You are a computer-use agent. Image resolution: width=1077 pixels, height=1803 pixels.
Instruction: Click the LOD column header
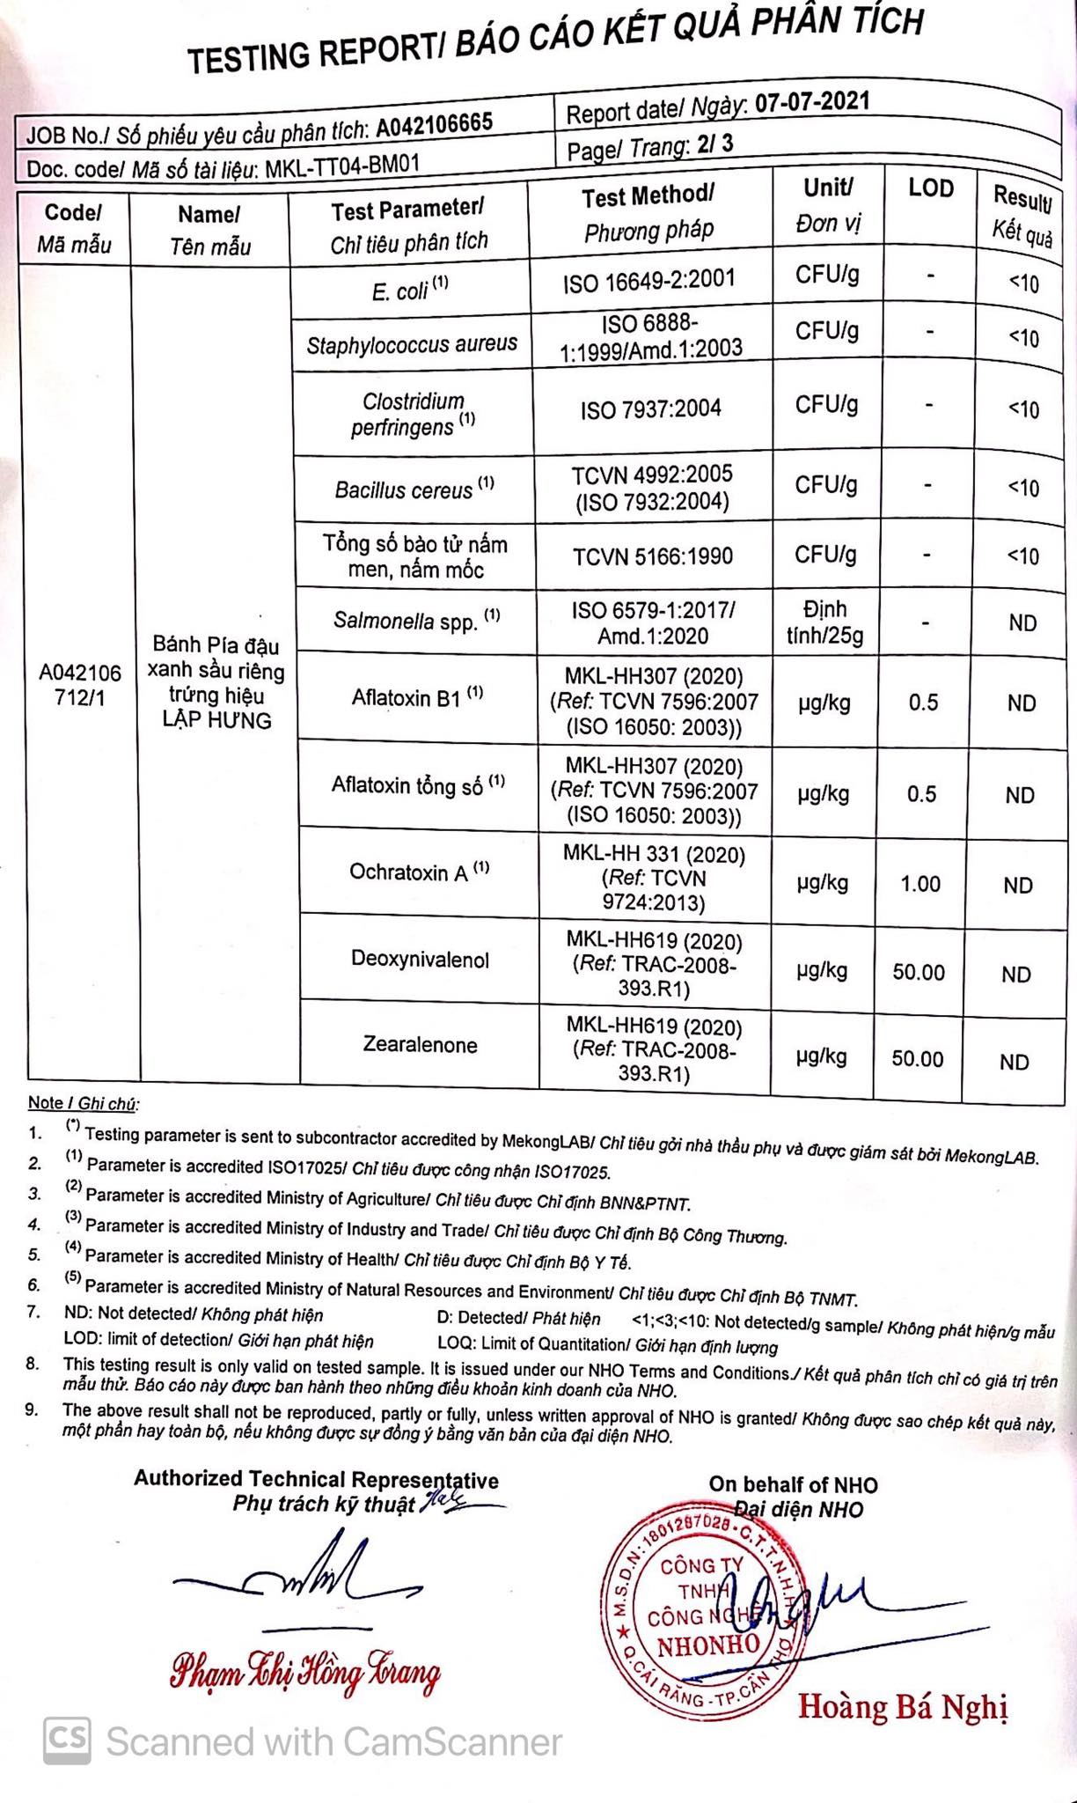tap(930, 188)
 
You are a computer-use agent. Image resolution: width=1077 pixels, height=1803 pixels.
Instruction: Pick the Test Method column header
tap(648, 212)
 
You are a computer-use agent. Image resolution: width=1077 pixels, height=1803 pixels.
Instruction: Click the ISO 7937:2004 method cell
tap(650, 408)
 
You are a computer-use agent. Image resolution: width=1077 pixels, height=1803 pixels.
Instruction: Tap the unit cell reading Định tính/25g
tap(824, 622)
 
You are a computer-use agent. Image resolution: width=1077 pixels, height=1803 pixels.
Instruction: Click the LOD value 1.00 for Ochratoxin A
tap(920, 883)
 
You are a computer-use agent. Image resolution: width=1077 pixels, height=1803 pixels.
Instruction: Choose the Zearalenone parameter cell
tap(420, 1045)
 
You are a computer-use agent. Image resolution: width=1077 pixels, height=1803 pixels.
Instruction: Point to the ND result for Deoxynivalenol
tap(1015, 974)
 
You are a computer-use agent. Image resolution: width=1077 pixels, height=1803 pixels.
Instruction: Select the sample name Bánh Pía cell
tap(216, 682)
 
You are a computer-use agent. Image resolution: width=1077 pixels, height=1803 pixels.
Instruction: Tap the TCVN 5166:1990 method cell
tap(652, 556)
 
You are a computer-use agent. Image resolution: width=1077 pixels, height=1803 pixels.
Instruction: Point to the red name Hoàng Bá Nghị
tap(902, 1706)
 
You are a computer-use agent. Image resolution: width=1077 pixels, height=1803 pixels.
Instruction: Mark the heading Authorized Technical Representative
tap(316, 1480)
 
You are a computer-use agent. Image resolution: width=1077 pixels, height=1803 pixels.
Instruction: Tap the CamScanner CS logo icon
tap(68, 1740)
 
